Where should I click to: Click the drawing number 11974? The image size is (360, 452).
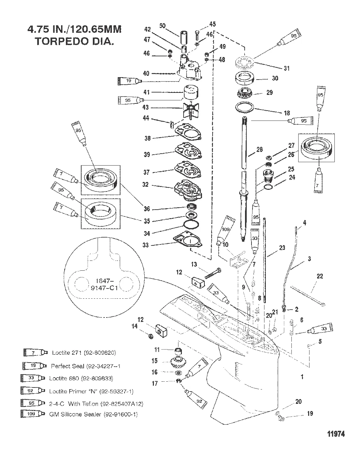[336, 434]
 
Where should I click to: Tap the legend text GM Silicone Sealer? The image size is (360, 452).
[95, 414]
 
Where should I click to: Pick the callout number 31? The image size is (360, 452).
[287, 68]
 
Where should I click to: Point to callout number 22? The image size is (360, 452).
[319, 276]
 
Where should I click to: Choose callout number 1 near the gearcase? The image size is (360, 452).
[302, 377]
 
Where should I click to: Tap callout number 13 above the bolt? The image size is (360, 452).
[194, 264]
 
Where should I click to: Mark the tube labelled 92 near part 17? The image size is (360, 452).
[195, 397]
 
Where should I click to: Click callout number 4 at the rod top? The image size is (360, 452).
[304, 223]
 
